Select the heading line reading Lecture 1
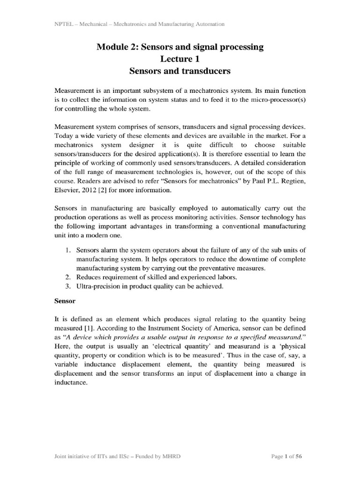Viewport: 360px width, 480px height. click(180, 59)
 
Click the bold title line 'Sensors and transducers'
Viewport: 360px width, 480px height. click(180, 71)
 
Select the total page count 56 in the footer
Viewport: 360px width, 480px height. click(303, 456)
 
